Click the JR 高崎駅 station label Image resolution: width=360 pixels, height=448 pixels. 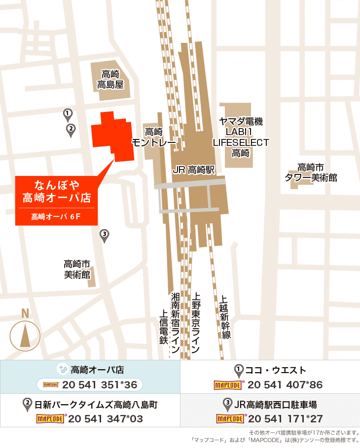194,170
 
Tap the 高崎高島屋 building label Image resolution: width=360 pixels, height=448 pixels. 110,79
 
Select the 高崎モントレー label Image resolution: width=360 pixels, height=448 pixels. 154,138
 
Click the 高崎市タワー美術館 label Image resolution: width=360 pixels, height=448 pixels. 311,172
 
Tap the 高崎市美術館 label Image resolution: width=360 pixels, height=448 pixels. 77,269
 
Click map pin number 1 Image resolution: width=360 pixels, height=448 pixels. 68,114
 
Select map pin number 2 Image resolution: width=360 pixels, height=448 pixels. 71,130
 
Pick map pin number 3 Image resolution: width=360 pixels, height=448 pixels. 104,235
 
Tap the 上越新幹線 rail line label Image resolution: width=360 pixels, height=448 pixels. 225,317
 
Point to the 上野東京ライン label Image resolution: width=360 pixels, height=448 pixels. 196,321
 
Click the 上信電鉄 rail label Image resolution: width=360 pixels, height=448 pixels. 163,326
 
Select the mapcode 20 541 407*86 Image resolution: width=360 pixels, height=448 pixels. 285,385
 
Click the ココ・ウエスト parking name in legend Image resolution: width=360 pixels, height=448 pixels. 276,370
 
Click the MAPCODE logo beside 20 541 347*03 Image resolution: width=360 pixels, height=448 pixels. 50,419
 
